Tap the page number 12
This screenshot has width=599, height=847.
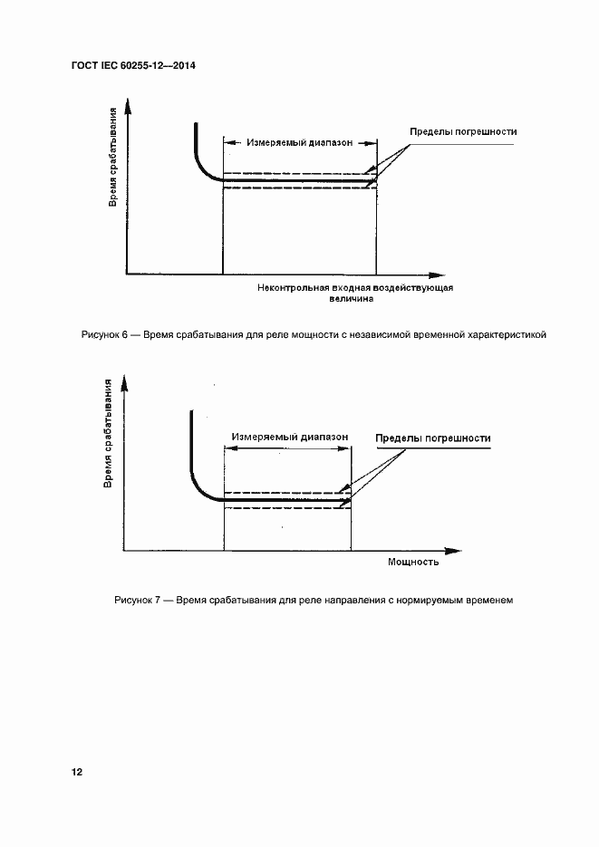click(77, 772)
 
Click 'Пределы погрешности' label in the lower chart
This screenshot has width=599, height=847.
click(433, 438)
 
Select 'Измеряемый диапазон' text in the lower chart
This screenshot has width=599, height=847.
click(289, 436)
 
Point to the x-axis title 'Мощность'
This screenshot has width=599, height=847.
click(413, 562)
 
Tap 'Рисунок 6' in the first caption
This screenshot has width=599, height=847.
click(105, 335)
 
